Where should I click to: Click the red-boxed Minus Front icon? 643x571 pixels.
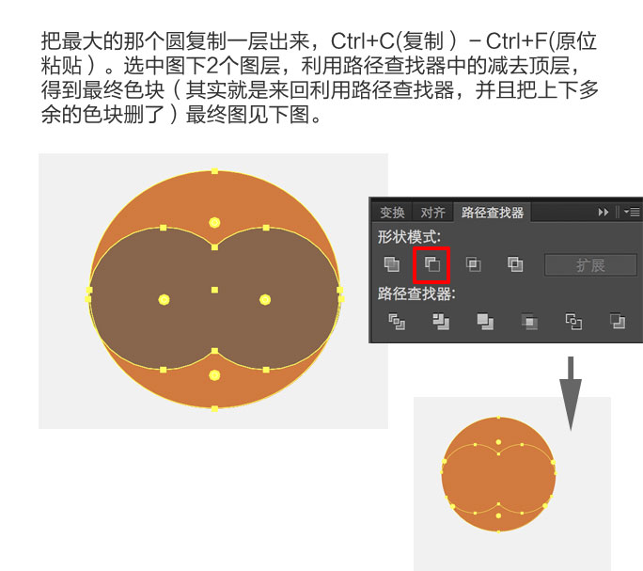click(431, 264)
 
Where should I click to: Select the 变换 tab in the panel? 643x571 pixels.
click(392, 213)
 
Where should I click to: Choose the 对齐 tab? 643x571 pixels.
click(432, 213)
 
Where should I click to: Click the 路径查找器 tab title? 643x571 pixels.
click(492, 213)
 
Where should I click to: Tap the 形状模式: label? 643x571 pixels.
click(409, 237)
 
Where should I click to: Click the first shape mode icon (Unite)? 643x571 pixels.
click(392, 264)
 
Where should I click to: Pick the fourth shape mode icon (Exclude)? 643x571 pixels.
click(515, 264)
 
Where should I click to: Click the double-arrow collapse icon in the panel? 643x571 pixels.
click(603, 213)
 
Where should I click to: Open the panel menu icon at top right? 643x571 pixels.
click(632, 213)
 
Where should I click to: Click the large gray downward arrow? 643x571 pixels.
click(571, 394)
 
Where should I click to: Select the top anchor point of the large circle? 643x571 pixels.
click(214, 171)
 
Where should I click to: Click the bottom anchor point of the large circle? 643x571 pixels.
click(214, 408)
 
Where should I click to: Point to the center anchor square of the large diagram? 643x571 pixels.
click(214, 291)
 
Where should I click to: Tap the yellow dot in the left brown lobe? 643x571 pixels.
click(164, 300)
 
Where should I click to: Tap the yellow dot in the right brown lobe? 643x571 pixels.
click(265, 300)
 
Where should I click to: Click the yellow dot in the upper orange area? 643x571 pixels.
click(214, 223)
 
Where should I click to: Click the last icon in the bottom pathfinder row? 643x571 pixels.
click(618, 321)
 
